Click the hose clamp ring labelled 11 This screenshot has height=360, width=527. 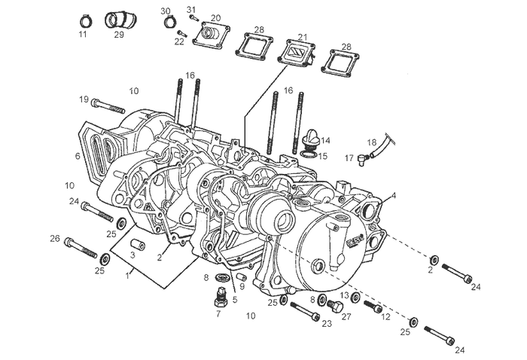point(85,19)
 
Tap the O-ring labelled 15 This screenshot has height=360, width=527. point(307,155)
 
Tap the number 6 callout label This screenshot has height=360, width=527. point(78,157)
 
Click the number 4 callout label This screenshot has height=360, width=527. point(392,196)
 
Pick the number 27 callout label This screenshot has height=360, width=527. point(346,318)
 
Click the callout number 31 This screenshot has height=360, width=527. point(191,10)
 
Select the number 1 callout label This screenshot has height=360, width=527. point(129,276)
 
